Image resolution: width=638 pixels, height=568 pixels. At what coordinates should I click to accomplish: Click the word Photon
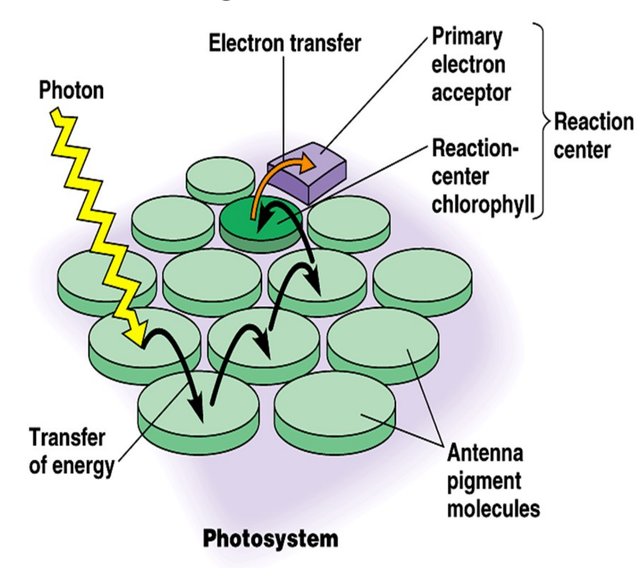71,90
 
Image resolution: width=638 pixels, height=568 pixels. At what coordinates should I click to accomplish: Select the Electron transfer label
285,43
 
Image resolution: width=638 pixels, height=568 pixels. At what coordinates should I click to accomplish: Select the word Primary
467,37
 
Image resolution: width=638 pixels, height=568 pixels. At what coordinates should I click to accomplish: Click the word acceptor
471,92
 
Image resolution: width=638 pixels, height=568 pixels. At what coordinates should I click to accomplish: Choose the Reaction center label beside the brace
593,136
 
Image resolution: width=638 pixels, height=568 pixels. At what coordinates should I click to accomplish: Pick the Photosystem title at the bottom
270,539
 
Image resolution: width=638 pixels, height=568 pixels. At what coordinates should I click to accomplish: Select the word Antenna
485,453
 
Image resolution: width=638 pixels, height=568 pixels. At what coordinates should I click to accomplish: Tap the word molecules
493,509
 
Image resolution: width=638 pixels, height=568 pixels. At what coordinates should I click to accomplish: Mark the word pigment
484,481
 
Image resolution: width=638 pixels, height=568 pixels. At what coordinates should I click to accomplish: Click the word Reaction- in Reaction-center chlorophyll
475,149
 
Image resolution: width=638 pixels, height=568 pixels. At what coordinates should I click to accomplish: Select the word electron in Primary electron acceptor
468,65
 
